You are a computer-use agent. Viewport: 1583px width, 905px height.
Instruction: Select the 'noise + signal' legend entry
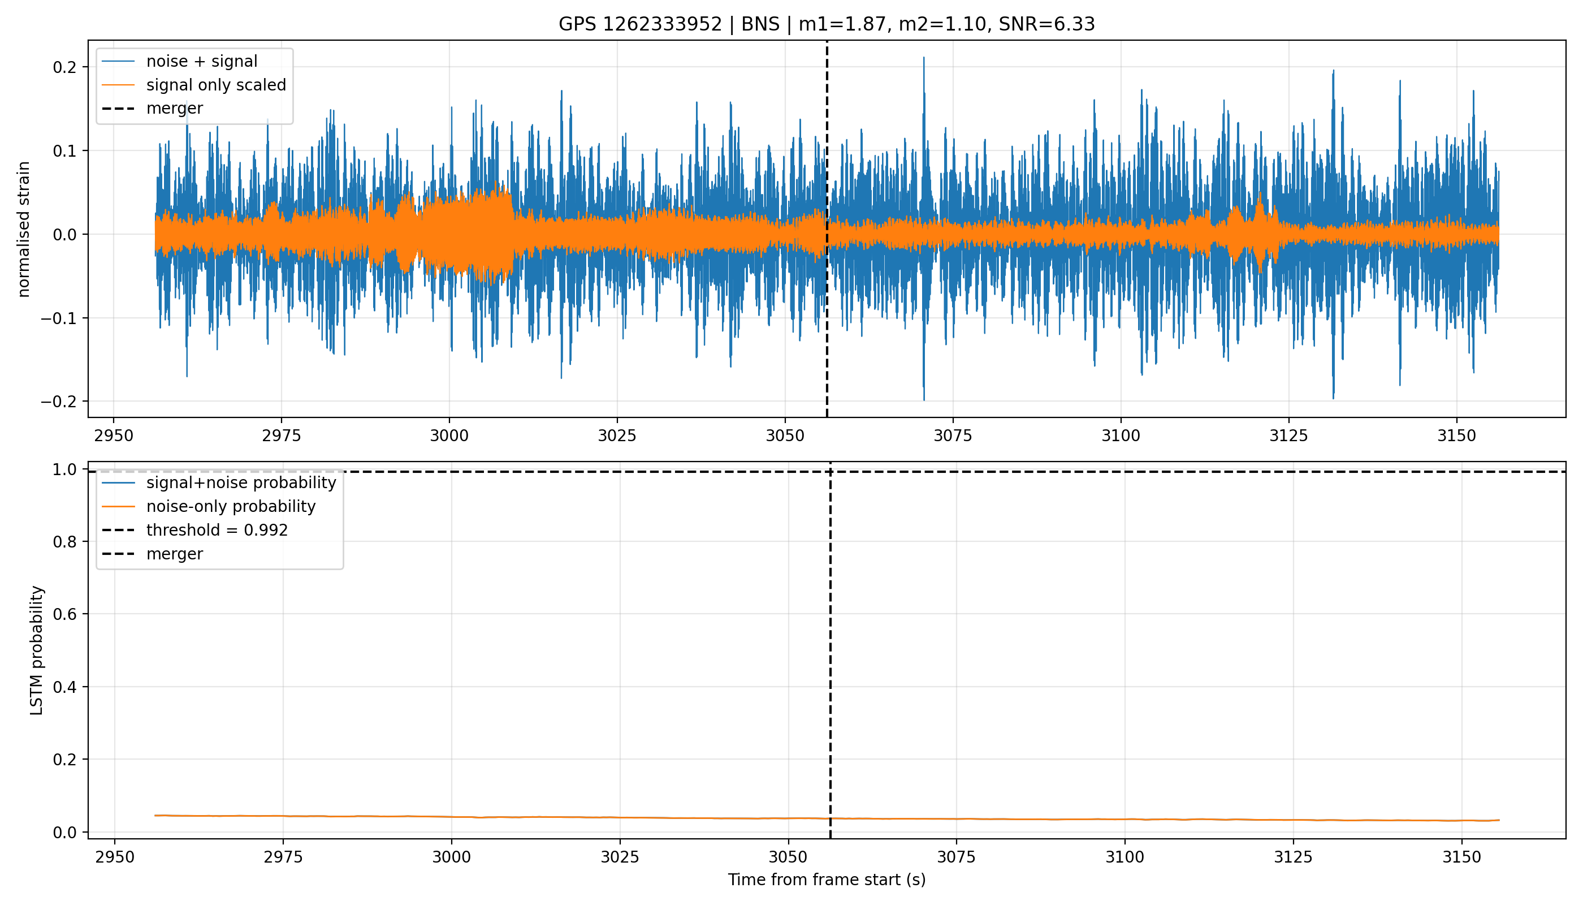pyautogui.click(x=202, y=61)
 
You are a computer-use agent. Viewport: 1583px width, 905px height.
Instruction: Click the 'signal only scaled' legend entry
pyautogui.click(x=216, y=84)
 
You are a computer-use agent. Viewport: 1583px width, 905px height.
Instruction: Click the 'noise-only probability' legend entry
pyautogui.click(x=231, y=507)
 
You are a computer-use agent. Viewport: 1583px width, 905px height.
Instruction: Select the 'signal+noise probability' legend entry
pyautogui.click(x=241, y=483)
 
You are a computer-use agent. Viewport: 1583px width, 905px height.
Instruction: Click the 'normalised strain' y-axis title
pyautogui.click(x=24, y=229)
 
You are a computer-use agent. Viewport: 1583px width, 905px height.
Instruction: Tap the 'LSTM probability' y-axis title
pyautogui.click(x=37, y=650)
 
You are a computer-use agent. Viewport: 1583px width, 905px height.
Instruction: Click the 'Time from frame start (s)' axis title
pyautogui.click(x=827, y=880)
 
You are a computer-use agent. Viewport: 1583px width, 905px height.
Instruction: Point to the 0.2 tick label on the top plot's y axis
pyautogui.click(x=64, y=67)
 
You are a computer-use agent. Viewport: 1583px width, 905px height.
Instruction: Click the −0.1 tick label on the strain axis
pyautogui.click(x=58, y=318)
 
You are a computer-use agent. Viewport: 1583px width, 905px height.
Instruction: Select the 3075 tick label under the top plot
pyautogui.click(x=953, y=436)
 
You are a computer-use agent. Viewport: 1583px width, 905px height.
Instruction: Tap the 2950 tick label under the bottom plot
pyautogui.click(x=115, y=857)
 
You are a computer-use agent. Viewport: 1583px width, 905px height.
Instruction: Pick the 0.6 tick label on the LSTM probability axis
pyautogui.click(x=64, y=614)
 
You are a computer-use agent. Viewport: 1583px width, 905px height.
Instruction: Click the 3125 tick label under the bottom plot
pyautogui.click(x=1294, y=857)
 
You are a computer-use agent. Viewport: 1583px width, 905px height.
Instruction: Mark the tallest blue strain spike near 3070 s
pyautogui.click(x=924, y=58)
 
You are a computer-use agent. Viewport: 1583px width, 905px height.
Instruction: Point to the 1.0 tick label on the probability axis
pyautogui.click(x=64, y=469)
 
